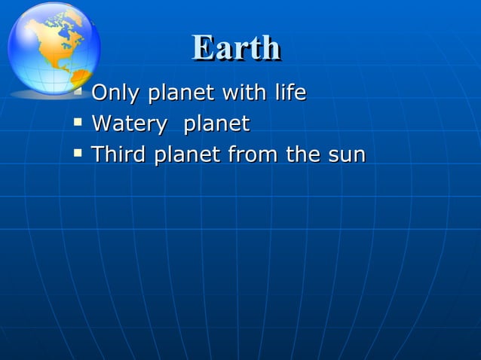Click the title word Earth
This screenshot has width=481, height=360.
[x=236, y=47]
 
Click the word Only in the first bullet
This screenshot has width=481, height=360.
[x=116, y=93]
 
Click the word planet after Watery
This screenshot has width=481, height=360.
[x=217, y=124]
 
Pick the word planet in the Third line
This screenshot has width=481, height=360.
[x=186, y=155]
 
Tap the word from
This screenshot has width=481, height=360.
[x=253, y=155]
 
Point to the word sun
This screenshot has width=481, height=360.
[x=346, y=156]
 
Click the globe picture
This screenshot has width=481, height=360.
[x=53, y=47]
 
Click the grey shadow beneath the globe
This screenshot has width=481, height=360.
[x=45, y=96]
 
